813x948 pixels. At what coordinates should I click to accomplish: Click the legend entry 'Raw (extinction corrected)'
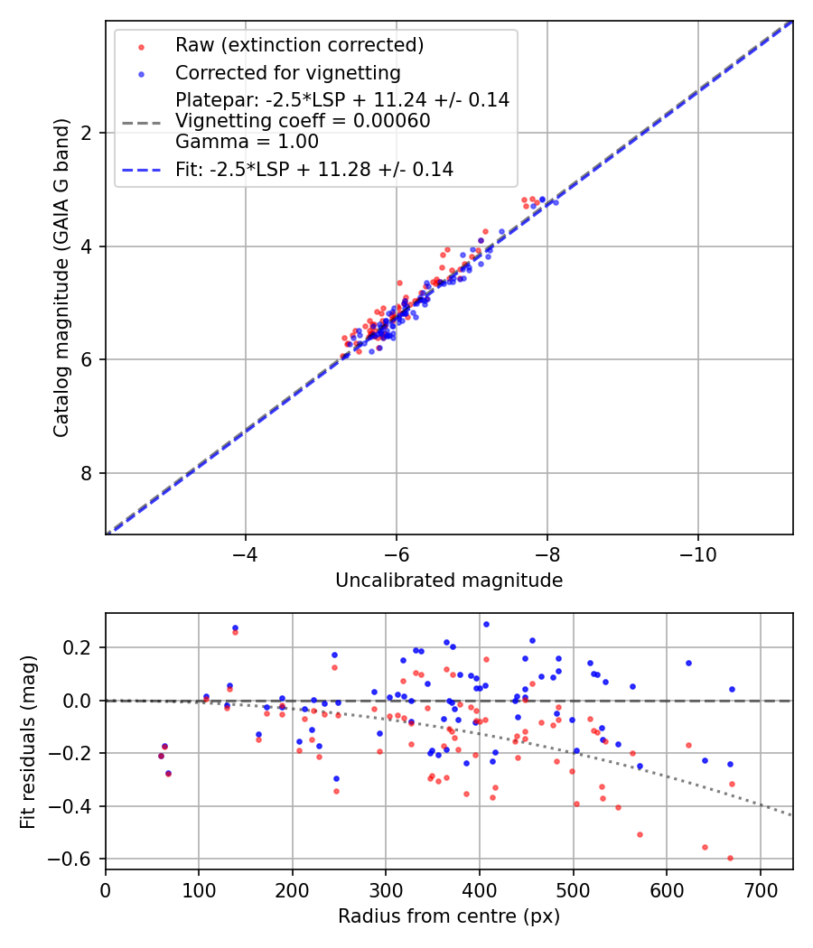coord(299,45)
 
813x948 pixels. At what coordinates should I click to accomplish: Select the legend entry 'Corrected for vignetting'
coord(287,72)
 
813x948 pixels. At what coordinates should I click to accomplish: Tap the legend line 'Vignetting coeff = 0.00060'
coord(303,121)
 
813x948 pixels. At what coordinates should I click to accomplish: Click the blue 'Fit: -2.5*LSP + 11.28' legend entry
coord(313,169)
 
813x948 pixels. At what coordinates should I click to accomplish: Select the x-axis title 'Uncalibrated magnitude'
coord(449,581)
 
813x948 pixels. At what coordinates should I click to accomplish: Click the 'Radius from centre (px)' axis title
coord(449,916)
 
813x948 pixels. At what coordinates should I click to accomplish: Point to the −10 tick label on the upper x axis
coord(697,553)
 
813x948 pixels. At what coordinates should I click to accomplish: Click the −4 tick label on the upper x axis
coord(245,553)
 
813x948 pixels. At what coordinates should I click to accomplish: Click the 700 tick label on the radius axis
coord(761,889)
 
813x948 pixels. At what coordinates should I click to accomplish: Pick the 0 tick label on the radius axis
coord(106,889)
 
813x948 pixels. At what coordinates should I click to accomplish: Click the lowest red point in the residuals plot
coord(730,858)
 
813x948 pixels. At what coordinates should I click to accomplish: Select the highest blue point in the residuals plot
coord(486,624)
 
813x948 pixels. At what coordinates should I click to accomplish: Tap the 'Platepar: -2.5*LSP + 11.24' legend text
coord(342,100)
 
